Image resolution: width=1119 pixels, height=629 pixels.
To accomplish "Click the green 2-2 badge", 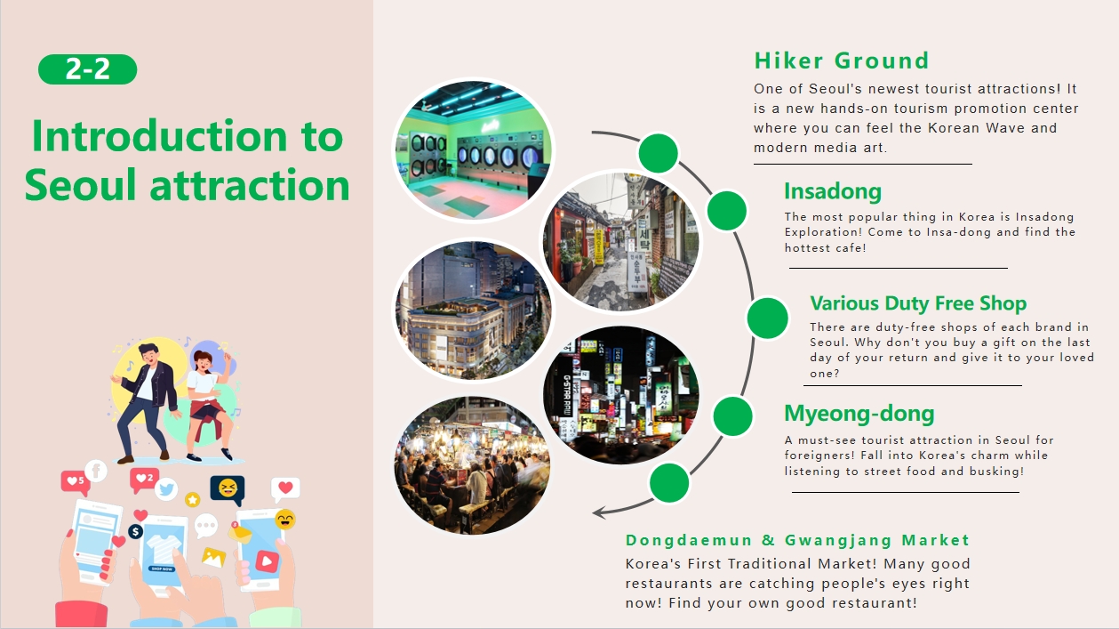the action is [x=87, y=69].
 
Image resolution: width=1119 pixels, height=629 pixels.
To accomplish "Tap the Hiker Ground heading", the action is [x=841, y=61].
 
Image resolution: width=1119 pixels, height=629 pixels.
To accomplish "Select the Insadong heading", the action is [x=833, y=191].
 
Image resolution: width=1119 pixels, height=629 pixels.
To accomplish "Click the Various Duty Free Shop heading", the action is [x=918, y=303].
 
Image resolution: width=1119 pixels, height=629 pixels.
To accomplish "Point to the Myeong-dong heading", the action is [x=859, y=414].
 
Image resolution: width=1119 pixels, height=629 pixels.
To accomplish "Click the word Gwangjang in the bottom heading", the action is [x=838, y=541].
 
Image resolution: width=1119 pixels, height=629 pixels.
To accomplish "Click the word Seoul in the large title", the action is [x=80, y=185].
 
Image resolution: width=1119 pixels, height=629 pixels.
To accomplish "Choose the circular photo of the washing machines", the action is [x=473, y=150].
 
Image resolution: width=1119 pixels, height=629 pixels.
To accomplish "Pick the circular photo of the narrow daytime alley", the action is [x=621, y=242].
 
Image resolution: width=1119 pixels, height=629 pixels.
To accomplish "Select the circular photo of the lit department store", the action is [x=473, y=310].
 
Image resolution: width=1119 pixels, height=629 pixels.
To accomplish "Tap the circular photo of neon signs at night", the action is [x=621, y=395].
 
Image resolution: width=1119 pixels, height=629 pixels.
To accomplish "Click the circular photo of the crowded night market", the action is [x=473, y=465].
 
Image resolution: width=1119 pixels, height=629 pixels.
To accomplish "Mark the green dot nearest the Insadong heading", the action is [x=727, y=211].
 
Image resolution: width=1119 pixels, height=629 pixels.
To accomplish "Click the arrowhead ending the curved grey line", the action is [x=598, y=512].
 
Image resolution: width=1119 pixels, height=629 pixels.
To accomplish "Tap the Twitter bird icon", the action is [x=166, y=489].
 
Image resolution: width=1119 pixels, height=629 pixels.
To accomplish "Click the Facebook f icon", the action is [x=96, y=471].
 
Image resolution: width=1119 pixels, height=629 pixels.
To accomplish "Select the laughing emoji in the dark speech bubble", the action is [x=228, y=488].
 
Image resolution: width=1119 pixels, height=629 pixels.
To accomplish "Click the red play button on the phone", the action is [x=267, y=561].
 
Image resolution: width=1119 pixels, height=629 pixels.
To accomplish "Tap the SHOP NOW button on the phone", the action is [x=162, y=569].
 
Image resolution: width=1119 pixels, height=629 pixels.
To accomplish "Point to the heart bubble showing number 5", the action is [x=76, y=482].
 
